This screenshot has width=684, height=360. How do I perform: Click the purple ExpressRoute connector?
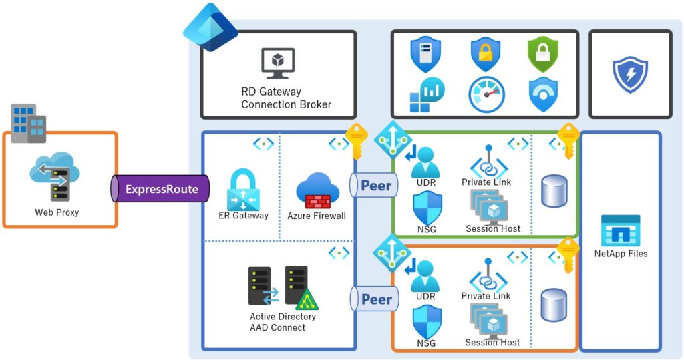[160, 189]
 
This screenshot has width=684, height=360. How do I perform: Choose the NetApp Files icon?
[620, 231]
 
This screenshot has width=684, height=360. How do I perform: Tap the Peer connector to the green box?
[375, 185]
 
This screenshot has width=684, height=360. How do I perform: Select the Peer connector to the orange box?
[375, 299]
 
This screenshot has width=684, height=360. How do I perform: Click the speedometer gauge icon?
[486, 95]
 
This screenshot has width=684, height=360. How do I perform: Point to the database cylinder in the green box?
[554, 190]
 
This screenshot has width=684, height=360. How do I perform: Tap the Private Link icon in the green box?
[488, 162]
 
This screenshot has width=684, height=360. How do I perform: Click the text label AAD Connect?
[277, 327]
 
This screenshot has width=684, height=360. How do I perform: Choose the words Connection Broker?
[286, 104]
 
